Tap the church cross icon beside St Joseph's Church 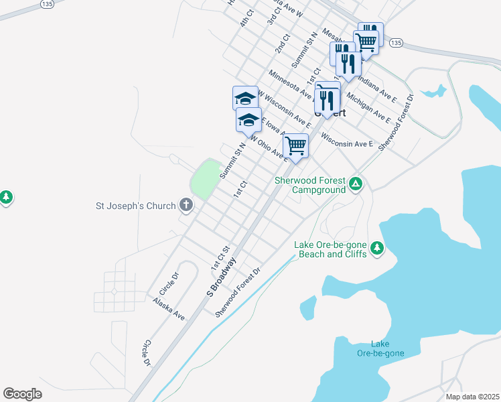click(x=186, y=206)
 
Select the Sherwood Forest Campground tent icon click(x=356, y=183)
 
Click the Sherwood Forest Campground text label click(x=311, y=186)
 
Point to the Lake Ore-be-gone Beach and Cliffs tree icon click(x=378, y=249)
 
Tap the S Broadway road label click(x=222, y=277)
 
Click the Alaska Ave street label click(x=169, y=309)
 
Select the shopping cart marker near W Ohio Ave click(x=295, y=145)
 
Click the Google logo click(x=22, y=393)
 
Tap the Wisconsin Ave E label click(x=346, y=143)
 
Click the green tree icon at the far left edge click(x=6, y=197)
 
